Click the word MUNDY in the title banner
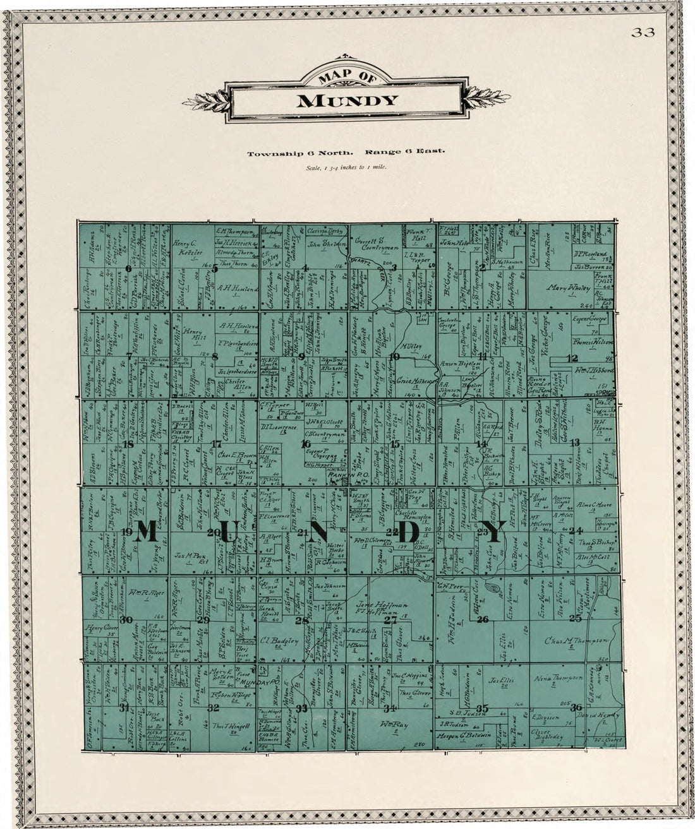point(347,100)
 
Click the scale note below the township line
point(346,167)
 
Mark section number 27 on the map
point(390,620)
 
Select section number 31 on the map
point(124,708)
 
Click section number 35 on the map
point(483,708)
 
